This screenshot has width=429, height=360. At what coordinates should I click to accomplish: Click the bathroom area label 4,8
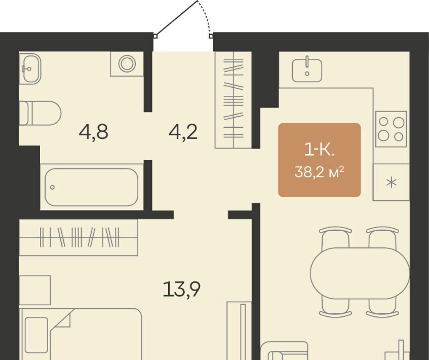click(x=93, y=132)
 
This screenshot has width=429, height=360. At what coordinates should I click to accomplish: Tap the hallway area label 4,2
click(x=183, y=132)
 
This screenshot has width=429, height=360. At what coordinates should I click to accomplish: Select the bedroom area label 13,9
click(x=181, y=290)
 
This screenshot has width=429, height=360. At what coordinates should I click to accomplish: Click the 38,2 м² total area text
click(x=319, y=172)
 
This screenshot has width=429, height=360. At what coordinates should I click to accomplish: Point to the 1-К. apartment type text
click(x=319, y=151)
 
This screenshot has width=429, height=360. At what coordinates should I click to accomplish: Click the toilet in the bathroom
click(x=40, y=113)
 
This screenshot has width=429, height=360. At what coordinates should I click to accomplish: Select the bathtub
click(x=91, y=187)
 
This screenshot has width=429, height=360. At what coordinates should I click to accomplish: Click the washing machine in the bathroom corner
click(x=127, y=63)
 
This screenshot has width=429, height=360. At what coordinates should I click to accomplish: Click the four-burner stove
click(x=391, y=129)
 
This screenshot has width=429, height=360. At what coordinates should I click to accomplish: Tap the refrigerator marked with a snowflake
click(x=391, y=182)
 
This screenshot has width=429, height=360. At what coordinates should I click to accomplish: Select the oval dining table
click(x=360, y=273)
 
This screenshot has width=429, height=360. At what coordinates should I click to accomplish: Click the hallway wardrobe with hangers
click(x=233, y=100)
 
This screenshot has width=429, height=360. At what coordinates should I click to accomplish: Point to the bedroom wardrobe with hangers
click(x=79, y=237)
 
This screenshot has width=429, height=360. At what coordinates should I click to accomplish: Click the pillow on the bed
click(x=36, y=335)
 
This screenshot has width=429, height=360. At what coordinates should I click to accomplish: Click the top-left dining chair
click(x=335, y=238)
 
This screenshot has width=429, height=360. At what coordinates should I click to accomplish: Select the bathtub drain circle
click(x=52, y=187)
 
